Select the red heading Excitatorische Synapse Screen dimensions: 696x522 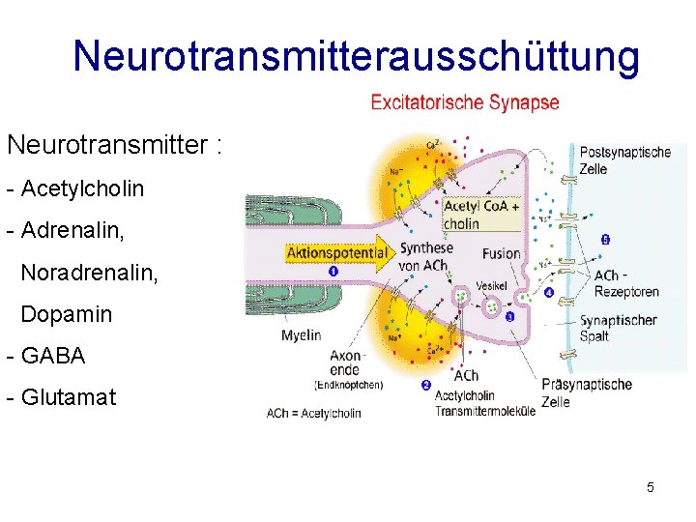click(465, 102)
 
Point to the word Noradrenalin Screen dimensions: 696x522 click(89, 272)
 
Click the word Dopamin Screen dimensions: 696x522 click(66, 314)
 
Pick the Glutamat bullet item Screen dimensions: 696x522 click(67, 396)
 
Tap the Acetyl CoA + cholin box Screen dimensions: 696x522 click(480, 215)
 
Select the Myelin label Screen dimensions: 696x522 click(302, 335)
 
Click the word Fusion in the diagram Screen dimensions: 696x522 click(500, 254)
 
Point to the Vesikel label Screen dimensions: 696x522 click(492, 287)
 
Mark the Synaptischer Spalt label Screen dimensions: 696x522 click(618, 329)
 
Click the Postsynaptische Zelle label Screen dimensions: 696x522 click(624, 159)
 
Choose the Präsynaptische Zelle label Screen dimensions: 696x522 click(587, 392)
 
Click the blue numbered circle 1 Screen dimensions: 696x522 click(333, 271)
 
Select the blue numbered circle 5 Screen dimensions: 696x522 click(605, 239)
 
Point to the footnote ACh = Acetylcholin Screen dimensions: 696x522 click(314, 414)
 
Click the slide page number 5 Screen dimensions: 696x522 click(651, 487)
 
